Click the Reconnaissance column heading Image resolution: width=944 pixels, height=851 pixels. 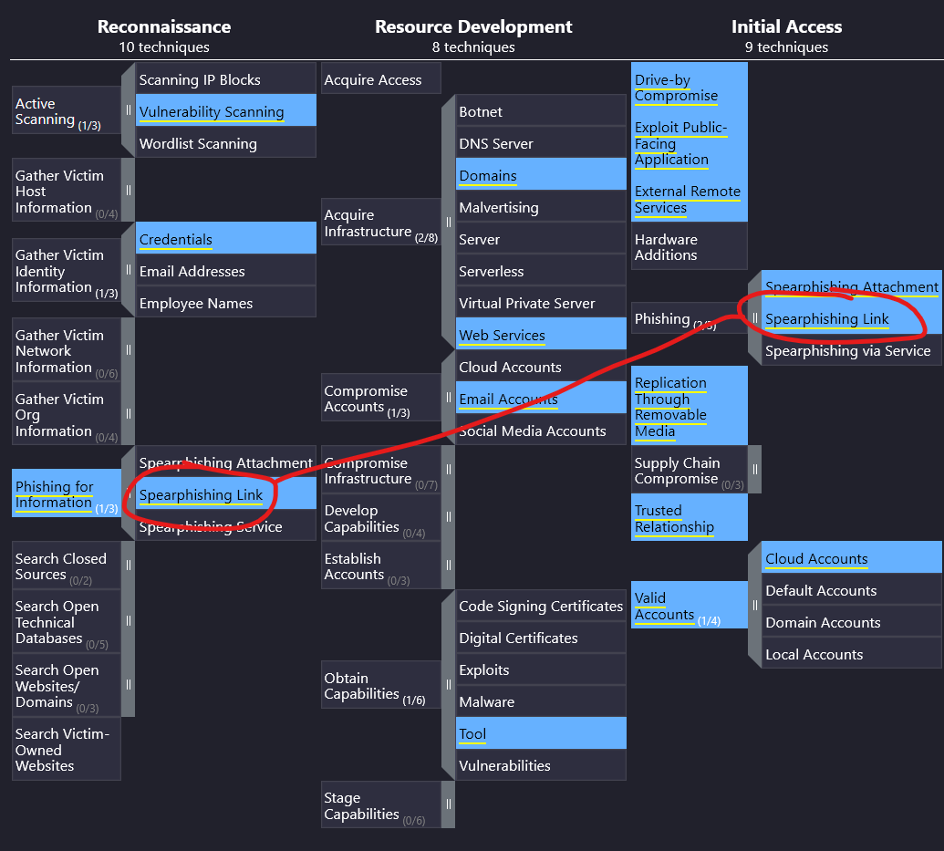pyautogui.click(x=164, y=26)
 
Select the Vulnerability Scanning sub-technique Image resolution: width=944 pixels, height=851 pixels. pyautogui.click(x=226, y=110)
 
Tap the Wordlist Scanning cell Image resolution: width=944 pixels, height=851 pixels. pyautogui.click(x=226, y=142)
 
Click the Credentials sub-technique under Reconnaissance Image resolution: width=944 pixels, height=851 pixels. pyautogui.click(x=226, y=238)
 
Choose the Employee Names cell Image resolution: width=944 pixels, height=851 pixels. pyautogui.click(x=226, y=302)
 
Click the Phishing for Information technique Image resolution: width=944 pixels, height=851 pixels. pyautogui.click(x=67, y=493)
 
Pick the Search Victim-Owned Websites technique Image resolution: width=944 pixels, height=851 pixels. pyautogui.click(x=67, y=749)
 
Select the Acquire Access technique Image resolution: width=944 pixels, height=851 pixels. pyautogui.click(x=381, y=78)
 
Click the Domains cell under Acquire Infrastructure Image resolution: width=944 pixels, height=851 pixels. pyautogui.click(x=541, y=174)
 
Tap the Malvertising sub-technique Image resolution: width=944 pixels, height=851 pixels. pyautogui.click(x=541, y=206)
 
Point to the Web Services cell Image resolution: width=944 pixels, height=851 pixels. pyautogui.click(x=541, y=334)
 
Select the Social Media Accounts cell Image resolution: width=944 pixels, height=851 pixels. pyautogui.click(x=541, y=430)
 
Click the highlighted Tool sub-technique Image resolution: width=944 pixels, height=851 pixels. pyautogui.click(x=541, y=733)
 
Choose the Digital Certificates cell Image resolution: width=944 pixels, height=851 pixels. pyautogui.click(x=541, y=638)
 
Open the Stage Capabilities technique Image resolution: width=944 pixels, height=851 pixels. pyautogui.click(x=381, y=804)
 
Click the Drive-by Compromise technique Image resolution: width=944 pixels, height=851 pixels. pyautogui.click(x=690, y=87)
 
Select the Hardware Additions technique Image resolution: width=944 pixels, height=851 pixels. pyautogui.click(x=690, y=245)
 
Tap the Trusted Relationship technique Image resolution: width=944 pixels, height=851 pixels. pyautogui.click(x=690, y=517)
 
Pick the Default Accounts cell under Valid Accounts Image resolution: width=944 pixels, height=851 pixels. pyautogui.click(x=851, y=589)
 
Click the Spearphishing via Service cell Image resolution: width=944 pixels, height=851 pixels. pyautogui.click(x=851, y=350)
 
